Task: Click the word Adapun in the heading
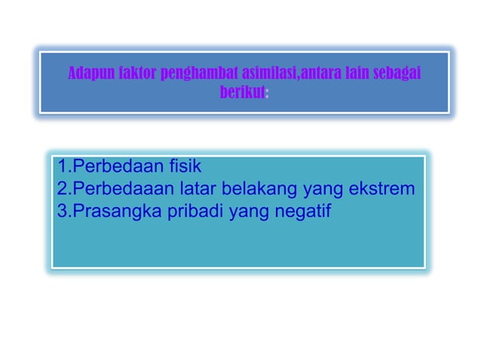[87, 74]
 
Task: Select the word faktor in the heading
[133, 74]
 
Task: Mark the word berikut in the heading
[242, 93]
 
